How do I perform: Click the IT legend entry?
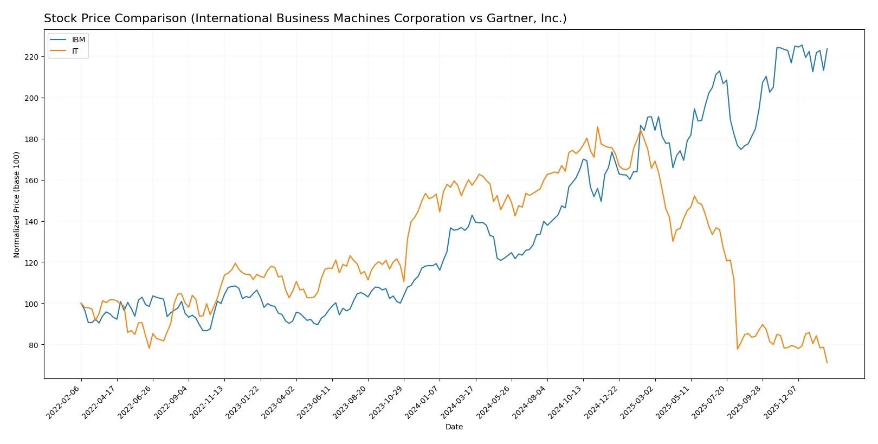pyautogui.click(x=75, y=51)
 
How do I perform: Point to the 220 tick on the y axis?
pyautogui.click(x=31, y=57)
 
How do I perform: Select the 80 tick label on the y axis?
pyautogui.click(x=34, y=345)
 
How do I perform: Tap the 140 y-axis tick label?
pyautogui.click(x=31, y=222)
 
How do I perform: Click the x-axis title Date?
pyautogui.click(x=454, y=427)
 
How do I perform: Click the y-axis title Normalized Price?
pyautogui.click(x=16, y=204)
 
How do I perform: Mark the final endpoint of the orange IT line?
pyautogui.click(x=827, y=363)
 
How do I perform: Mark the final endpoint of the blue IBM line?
pyautogui.click(x=827, y=49)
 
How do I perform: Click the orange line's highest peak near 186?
pyautogui.click(x=597, y=127)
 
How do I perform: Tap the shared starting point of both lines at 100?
pyautogui.click(x=81, y=303)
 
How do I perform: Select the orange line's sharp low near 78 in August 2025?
pyautogui.click(x=738, y=349)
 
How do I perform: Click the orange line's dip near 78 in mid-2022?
pyautogui.click(x=149, y=348)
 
